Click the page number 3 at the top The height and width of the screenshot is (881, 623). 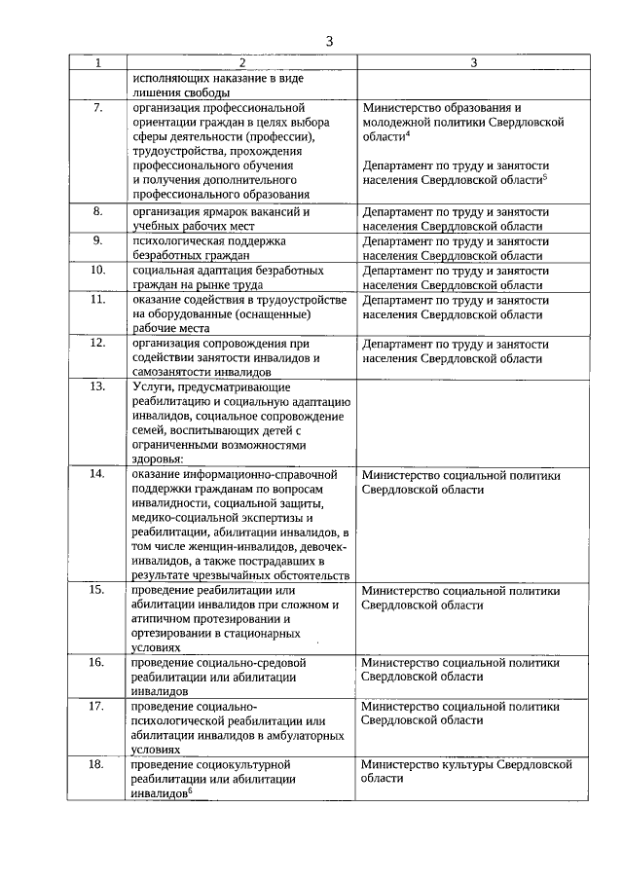[329, 41]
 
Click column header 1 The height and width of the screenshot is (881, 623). [97, 63]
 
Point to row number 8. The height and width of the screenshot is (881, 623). [97, 210]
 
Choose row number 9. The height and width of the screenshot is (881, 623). [97, 239]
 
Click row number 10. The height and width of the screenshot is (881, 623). [97, 270]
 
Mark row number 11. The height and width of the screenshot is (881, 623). [97, 300]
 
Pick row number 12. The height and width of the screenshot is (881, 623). [97, 344]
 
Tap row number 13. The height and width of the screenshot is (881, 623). [97, 386]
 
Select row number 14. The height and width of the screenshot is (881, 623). [97, 474]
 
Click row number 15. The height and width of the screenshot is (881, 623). [97, 590]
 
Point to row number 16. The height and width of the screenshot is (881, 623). [97, 662]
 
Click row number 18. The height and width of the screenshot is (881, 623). [97, 764]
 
